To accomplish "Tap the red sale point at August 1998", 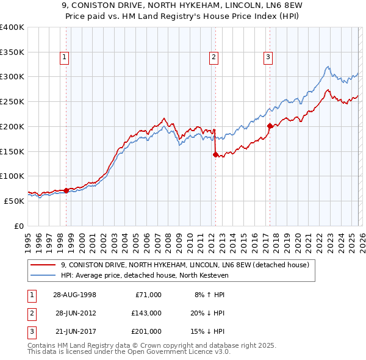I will pyautogui.click(x=66, y=190).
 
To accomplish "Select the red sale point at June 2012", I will pyautogui.click(x=215, y=154).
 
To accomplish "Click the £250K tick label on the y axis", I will pyautogui.click(x=12, y=101).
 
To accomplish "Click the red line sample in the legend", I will pyautogui.click(x=43, y=265).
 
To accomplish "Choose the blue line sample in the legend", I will pyautogui.click(x=43, y=275).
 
